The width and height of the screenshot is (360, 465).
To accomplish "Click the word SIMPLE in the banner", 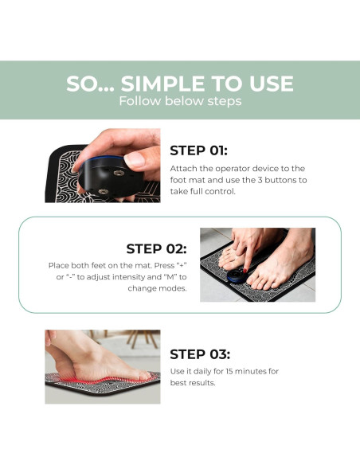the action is click(x=162, y=84).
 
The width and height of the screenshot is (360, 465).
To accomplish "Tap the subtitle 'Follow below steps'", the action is click(x=180, y=101).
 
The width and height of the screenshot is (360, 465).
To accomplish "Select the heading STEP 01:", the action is click(x=198, y=150).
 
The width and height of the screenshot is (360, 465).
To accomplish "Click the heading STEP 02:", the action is click(x=157, y=248).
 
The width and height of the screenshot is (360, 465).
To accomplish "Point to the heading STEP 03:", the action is click(x=200, y=354).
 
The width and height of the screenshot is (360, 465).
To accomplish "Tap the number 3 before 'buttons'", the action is click(x=260, y=180).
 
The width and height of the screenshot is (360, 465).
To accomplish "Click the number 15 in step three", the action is click(x=229, y=371).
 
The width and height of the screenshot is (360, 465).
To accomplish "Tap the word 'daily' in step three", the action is click(x=202, y=372).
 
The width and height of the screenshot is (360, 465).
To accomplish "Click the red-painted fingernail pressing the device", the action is click(x=245, y=270).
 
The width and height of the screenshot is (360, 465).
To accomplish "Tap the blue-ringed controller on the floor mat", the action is click(x=237, y=276).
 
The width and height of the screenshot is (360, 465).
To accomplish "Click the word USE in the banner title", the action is click(x=272, y=84).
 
